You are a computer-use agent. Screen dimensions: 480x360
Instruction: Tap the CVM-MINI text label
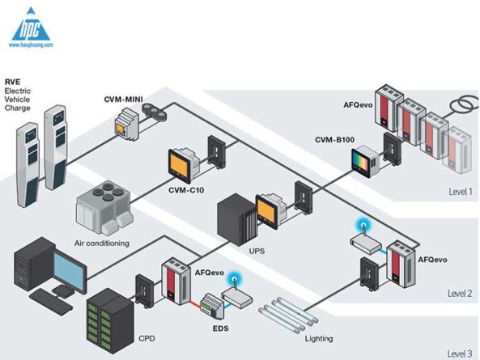pyautogui.click(x=123, y=100)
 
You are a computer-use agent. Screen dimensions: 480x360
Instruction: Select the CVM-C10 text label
pyautogui.click(x=186, y=190)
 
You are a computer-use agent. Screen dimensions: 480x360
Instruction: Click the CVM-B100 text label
pyautogui.click(x=334, y=140)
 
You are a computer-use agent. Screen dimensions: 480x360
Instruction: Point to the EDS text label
pyautogui.click(x=220, y=328)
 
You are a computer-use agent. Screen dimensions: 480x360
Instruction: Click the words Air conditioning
pyautogui.click(x=102, y=244)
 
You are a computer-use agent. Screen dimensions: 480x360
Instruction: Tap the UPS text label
pyautogui.click(x=257, y=252)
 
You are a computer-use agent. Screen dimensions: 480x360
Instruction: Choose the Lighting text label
pyautogui.click(x=319, y=339)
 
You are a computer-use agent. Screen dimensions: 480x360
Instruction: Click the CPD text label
pyautogui.click(x=147, y=339)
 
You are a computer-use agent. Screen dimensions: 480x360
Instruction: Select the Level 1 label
pyautogui.click(x=461, y=192)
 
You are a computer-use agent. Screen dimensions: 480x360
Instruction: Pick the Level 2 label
pyautogui.click(x=460, y=294)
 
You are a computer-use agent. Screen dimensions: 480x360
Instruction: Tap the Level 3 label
pyautogui.click(x=460, y=354)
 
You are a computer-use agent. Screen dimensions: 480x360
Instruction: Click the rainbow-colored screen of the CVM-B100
pyautogui.click(x=361, y=163)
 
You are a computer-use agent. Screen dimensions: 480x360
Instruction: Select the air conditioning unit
pyautogui.click(x=104, y=207)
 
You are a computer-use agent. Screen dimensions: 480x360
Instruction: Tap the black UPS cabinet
pyautogui.click(x=236, y=219)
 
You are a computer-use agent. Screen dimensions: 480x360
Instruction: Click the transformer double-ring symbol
pyautogui.click(x=464, y=105)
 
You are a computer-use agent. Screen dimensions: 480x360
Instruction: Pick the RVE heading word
pyautogui.click(x=13, y=82)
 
